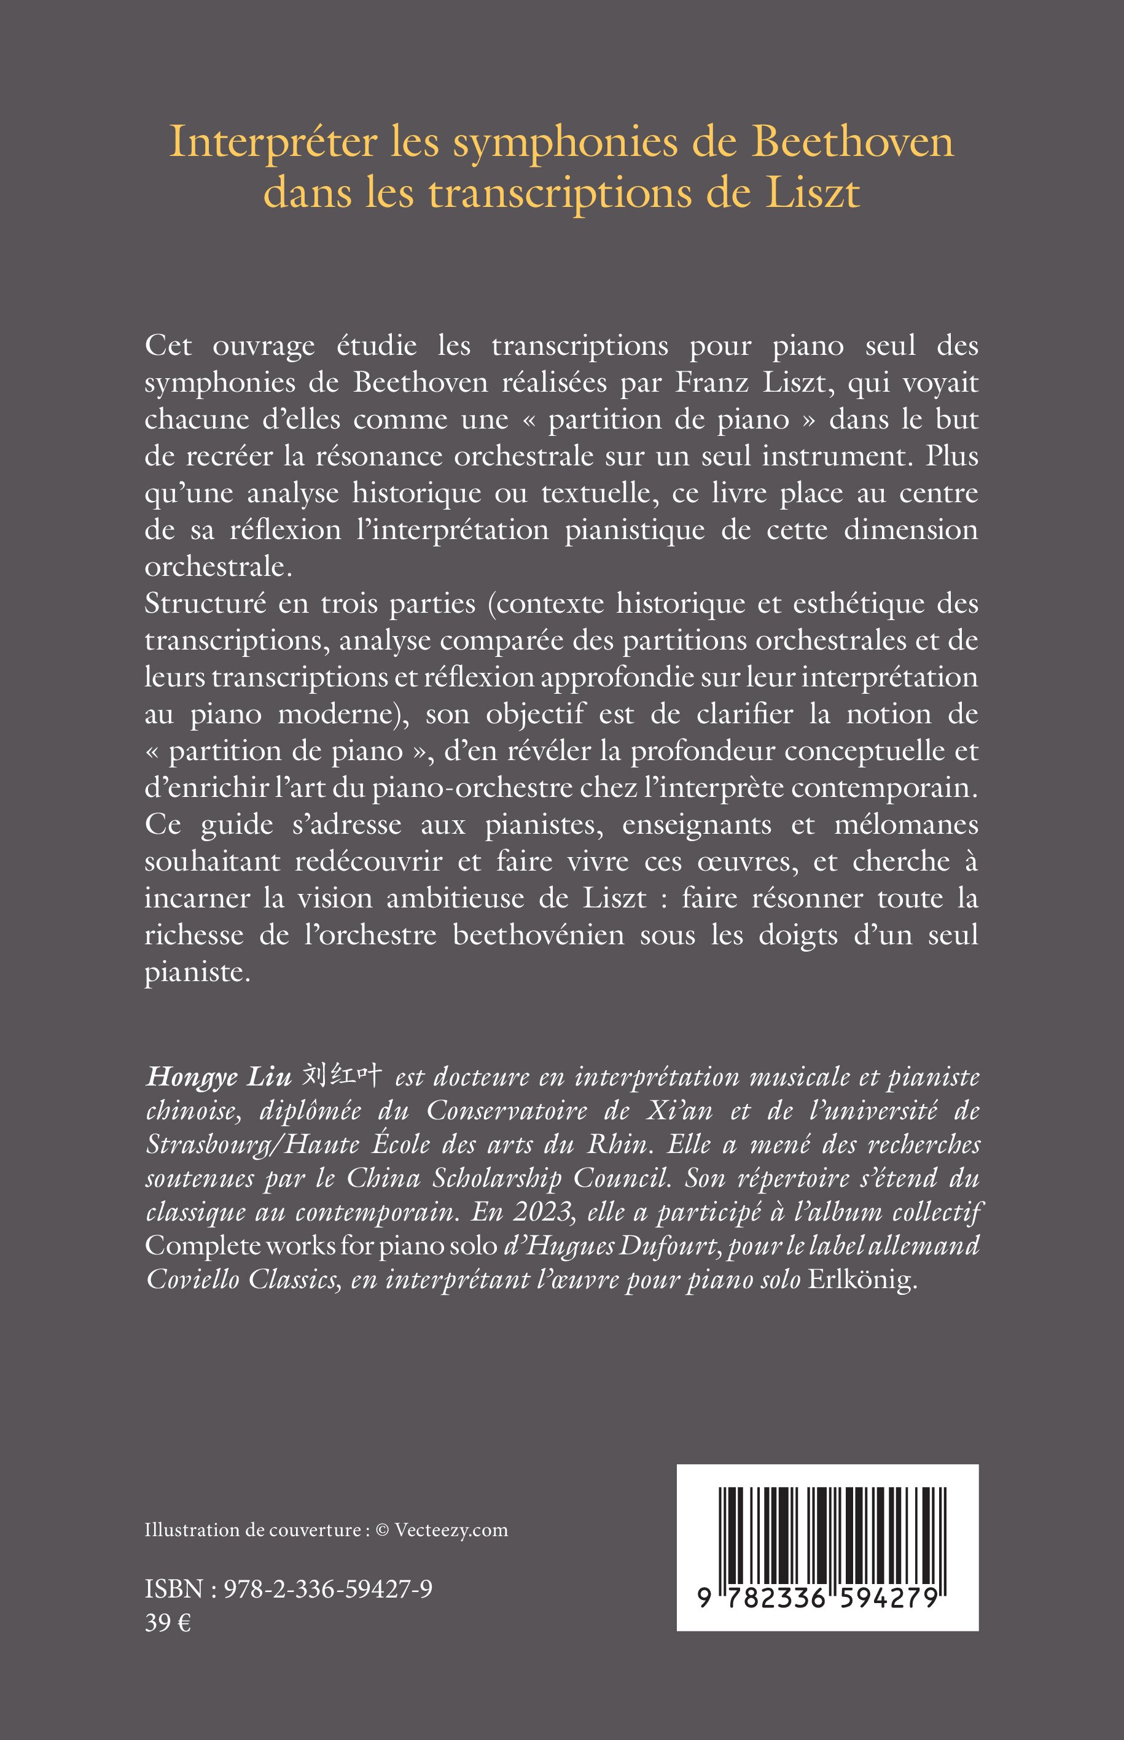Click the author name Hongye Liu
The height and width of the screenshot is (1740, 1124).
pyautogui.click(x=218, y=1078)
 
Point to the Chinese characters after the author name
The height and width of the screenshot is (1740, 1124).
pyautogui.click(x=342, y=1075)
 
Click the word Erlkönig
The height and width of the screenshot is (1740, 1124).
pyautogui.click(x=861, y=1280)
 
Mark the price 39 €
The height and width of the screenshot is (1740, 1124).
pyautogui.click(x=168, y=1623)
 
